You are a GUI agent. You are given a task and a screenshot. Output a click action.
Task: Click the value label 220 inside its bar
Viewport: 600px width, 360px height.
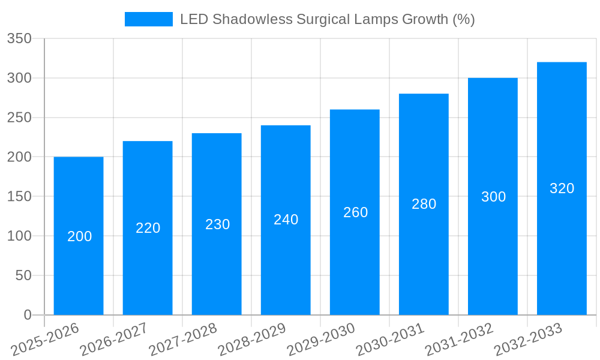click(148, 228)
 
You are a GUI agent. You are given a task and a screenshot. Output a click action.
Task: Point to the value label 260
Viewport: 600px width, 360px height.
click(355, 212)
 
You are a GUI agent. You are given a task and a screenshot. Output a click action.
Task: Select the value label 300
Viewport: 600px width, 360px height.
click(493, 197)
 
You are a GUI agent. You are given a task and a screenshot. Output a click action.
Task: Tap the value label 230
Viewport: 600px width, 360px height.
click(217, 224)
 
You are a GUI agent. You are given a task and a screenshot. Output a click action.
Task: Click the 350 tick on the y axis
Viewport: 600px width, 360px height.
click(19, 39)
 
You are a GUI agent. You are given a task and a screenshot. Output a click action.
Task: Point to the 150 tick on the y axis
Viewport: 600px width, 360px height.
click(19, 197)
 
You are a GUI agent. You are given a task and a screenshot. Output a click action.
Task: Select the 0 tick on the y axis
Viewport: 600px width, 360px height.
click(27, 315)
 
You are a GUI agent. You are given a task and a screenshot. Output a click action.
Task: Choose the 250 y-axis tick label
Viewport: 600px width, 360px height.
click(19, 118)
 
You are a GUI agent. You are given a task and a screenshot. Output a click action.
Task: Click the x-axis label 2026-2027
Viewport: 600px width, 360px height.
click(114, 340)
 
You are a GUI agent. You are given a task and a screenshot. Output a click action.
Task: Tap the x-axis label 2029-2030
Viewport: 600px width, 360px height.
click(321, 340)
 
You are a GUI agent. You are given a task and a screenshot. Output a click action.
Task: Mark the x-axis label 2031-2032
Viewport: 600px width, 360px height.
click(459, 340)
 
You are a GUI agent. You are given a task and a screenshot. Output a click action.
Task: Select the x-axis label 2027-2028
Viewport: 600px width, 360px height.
click(183, 340)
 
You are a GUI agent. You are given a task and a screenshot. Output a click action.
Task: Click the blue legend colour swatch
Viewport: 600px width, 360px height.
click(148, 19)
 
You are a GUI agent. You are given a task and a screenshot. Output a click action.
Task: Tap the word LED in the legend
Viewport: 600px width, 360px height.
click(193, 19)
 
